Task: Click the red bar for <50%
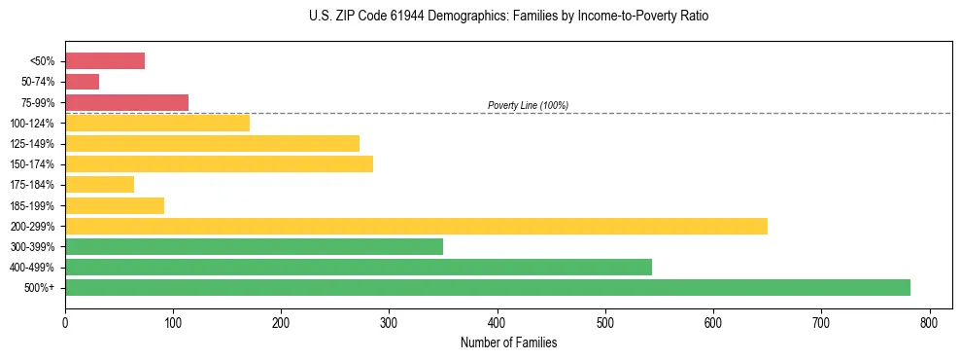pos(105,61)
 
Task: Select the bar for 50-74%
pos(82,82)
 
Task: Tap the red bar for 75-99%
pos(126,102)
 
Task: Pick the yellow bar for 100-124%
pos(157,123)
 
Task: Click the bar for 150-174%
pos(219,163)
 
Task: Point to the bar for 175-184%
pos(99,185)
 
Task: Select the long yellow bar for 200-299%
pos(416,226)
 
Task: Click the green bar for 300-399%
pos(254,246)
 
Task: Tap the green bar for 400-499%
pos(359,267)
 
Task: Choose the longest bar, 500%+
pos(488,287)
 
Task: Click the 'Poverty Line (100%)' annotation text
pos(528,105)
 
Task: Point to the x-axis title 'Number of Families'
pos(508,342)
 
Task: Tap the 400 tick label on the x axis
pos(498,321)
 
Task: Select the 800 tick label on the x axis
pos(930,321)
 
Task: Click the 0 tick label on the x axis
pos(65,321)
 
